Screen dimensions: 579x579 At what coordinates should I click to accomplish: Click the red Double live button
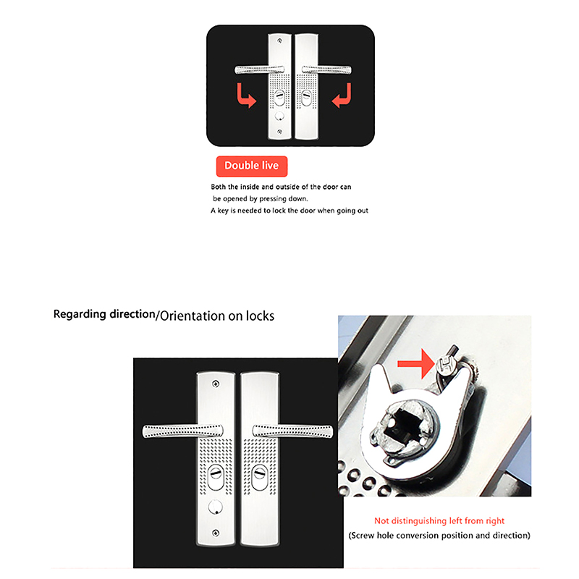coord(252,166)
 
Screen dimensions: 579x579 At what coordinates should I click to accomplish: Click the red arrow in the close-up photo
coord(415,364)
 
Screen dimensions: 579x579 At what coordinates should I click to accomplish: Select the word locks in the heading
coord(261,316)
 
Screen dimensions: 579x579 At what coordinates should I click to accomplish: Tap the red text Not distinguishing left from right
coord(439,520)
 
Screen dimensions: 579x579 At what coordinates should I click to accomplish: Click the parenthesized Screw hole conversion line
coord(439,536)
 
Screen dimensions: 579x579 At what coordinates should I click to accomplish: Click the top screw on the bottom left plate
coord(216,384)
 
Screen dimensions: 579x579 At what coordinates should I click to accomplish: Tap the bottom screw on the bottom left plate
coord(216,533)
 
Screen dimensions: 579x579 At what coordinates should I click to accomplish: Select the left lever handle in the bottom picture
coord(183,431)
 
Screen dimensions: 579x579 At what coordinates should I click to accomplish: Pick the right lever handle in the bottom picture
coord(293,431)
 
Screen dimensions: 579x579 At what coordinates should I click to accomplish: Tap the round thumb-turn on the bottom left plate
coord(216,507)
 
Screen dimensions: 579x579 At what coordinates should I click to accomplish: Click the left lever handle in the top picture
coord(260,69)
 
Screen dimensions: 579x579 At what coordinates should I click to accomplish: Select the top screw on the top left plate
coord(279,41)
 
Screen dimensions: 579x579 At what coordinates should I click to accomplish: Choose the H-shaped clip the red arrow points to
coord(444,365)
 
